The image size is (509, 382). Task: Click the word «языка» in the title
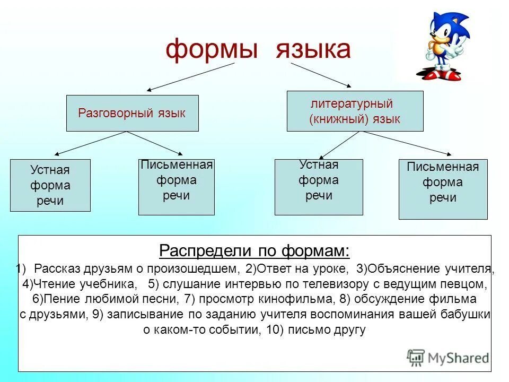[312, 50]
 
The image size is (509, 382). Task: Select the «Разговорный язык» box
[132, 113]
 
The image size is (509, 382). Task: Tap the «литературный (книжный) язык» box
[355, 111]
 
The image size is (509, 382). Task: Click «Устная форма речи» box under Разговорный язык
[50, 185]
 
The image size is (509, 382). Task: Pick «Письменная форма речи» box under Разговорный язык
[176, 187]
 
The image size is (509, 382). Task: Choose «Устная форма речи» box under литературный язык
[318, 187]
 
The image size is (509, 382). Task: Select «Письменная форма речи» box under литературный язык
[443, 189]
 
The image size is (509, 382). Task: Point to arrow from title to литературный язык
[321, 74]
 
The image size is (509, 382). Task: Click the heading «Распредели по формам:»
[254, 250]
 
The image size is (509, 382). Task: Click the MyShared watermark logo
[447, 357]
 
